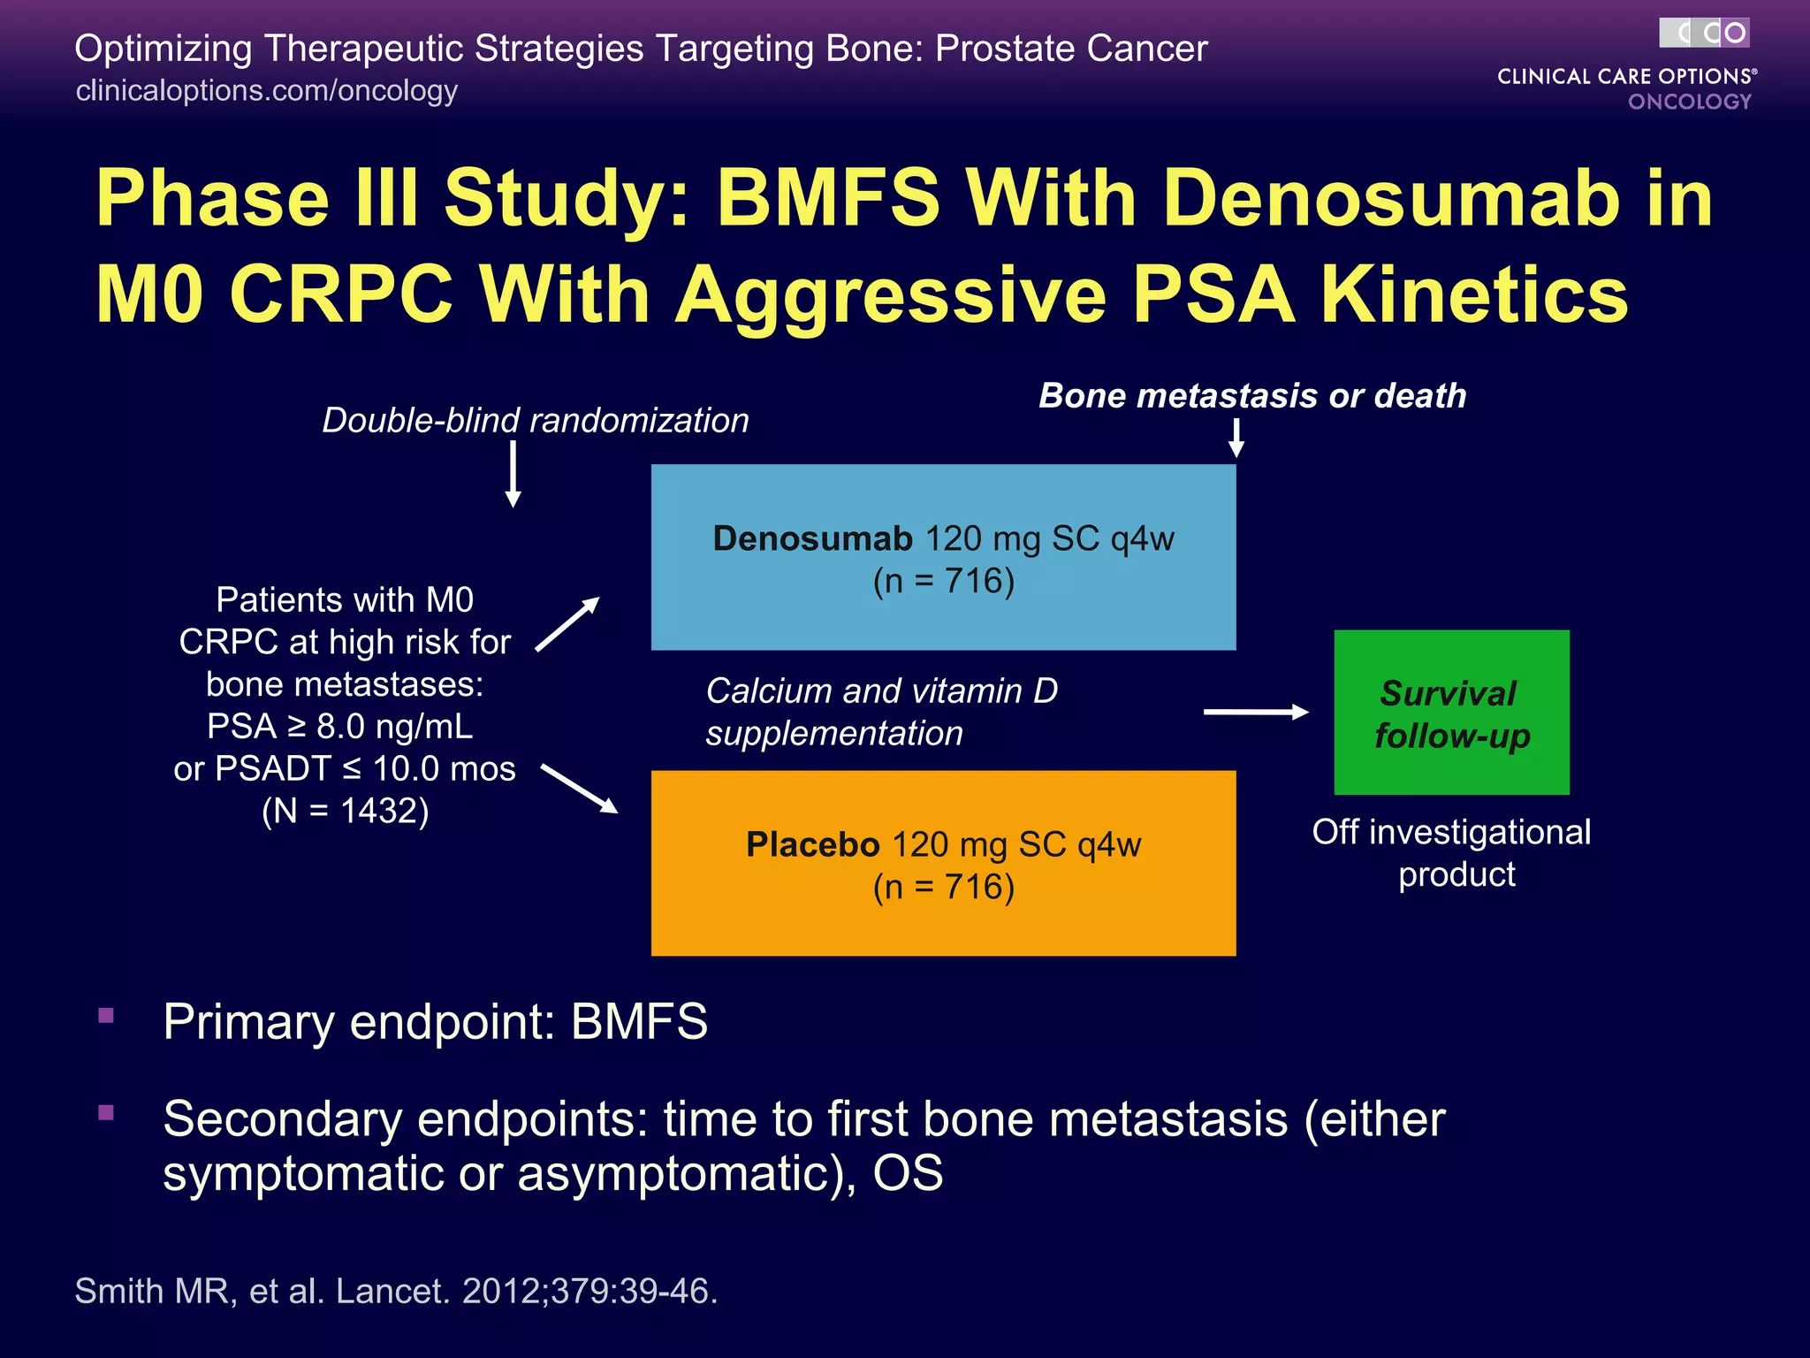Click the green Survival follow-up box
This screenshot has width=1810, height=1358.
pos(1451,713)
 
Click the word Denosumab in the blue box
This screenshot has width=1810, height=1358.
pos(811,538)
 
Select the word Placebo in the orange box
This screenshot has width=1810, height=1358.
pos(812,844)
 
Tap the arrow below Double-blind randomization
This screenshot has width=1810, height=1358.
pos(513,475)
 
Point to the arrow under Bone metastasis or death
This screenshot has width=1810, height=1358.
pos(1236,437)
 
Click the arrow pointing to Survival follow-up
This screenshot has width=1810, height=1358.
pos(1255,712)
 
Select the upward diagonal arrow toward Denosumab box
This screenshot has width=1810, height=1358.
pos(567,624)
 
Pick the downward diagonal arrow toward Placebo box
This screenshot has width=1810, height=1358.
pos(579,788)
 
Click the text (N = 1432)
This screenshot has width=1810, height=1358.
pos(345,811)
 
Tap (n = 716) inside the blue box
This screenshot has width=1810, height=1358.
pos(943,582)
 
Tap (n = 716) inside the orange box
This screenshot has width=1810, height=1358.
pos(943,887)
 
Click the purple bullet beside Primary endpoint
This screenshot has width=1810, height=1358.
pos(107,1015)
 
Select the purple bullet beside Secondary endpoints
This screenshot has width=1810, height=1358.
pos(107,1112)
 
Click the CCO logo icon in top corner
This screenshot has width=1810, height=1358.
pos(1704,34)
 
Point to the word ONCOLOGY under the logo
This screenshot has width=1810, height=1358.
pos(1689,102)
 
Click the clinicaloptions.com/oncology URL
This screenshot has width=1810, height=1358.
pos(266,90)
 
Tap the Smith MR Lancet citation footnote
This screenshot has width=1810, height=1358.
pos(396,1291)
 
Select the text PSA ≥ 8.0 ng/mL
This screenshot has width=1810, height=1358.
pos(340,727)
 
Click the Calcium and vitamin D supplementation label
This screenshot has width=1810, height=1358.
pos(880,712)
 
